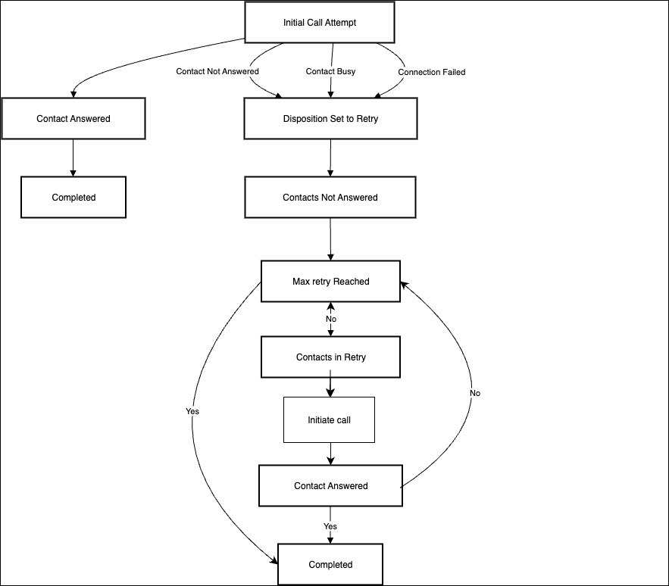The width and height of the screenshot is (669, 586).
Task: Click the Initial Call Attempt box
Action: [x=320, y=23]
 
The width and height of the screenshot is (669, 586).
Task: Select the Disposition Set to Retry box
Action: [x=330, y=119]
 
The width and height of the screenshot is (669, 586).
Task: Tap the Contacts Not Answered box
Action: [x=330, y=198]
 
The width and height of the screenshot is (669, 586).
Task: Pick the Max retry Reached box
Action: [x=330, y=282]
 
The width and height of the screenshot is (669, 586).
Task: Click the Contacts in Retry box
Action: [x=330, y=357]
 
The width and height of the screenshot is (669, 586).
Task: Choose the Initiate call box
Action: [x=329, y=420]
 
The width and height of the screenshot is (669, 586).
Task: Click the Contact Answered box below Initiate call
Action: [x=330, y=486]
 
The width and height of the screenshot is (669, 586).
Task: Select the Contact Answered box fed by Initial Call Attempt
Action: [x=73, y=119]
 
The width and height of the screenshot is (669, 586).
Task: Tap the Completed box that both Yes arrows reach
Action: [x=330, y=564]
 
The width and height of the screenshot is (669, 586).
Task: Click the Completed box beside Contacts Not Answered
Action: [x=73, y=198]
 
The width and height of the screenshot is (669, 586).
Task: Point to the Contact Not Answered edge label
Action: [x=217, y=71]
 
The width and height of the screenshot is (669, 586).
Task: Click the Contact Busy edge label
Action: [x=330, y=71]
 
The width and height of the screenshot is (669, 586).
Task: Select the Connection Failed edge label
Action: [x=431, y=72]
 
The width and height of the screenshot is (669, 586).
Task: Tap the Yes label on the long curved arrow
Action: [x=192, y=411]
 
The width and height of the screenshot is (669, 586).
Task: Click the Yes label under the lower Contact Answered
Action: [x=330, y=526]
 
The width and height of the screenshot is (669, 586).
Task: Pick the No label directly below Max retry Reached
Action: [x=330, y=319]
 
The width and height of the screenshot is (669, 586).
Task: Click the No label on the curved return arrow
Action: [x=475, y=393]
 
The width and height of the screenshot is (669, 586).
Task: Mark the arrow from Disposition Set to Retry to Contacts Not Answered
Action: [x=330, y=157]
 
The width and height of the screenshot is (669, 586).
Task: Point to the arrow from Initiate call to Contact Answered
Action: [x=330, y=454]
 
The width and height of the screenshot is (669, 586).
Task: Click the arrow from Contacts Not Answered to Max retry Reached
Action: [x=330, y=239]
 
